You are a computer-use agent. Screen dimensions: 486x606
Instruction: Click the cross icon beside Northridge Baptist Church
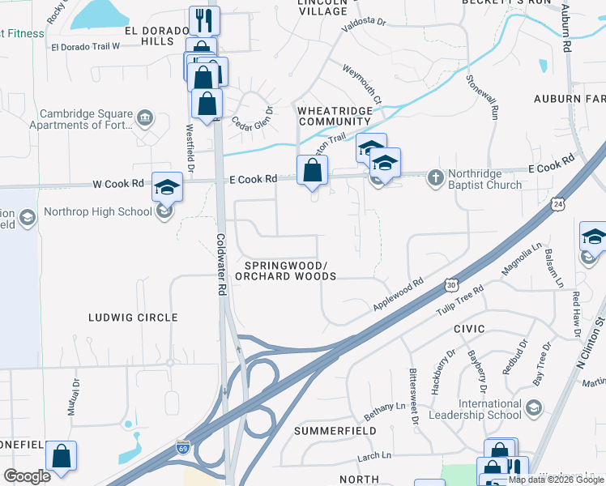tap(435, 175)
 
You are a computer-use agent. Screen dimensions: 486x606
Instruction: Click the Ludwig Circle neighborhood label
tap(133, 318)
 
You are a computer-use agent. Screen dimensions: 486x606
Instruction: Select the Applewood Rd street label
tap(399, 295)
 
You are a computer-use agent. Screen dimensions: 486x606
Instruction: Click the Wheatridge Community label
tap(335, 116)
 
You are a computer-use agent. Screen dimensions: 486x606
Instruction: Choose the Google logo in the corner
tap(27, 475)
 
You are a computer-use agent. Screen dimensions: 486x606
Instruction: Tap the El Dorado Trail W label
tap(85, 46)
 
